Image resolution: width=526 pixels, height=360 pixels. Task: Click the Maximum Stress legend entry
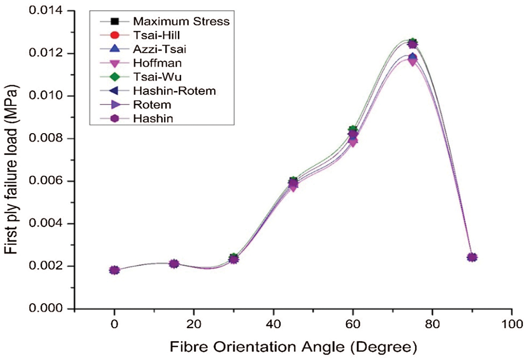(181, 21)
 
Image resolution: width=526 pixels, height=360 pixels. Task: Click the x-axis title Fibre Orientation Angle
(294, 347)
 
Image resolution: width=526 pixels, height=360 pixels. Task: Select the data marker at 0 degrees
(114, 270)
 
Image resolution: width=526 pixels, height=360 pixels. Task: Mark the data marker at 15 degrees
(174, 264)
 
